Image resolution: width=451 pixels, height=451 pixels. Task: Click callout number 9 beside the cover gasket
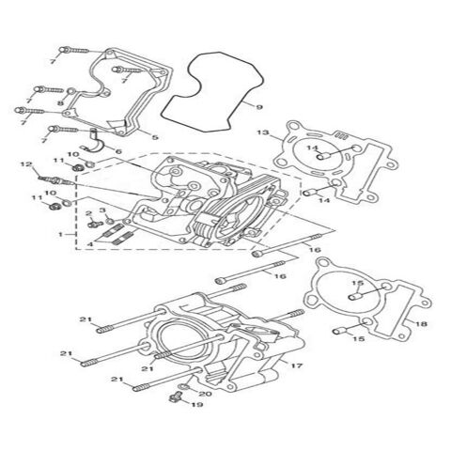tap(259, 107)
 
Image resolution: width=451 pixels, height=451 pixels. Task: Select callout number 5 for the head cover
tap(155, 137)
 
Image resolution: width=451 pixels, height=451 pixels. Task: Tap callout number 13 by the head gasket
tap(263, 132)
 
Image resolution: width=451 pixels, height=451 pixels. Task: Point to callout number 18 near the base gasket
tap(422, 324)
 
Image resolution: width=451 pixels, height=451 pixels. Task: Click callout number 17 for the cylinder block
tap(297, 365)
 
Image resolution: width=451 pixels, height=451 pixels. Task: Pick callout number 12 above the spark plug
tap(26, 163)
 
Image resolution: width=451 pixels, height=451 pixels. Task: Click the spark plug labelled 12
tap(56, 180)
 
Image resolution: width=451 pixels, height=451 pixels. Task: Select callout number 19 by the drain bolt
tap(197, 404)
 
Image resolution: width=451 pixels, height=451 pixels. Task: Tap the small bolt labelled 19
tap(176, 397)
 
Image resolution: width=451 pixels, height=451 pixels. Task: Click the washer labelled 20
tap(185, 387)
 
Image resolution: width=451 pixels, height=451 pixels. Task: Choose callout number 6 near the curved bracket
tap(118, 152)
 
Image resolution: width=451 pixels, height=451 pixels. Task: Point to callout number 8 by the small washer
tap(60, 103)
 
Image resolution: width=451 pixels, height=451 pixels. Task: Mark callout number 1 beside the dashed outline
tap(61, 234)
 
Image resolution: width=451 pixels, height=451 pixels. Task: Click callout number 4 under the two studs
tap(90, 243)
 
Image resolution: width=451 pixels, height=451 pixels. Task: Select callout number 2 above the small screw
tap(89, 213)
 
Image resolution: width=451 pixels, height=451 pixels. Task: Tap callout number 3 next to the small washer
tap(102, 210)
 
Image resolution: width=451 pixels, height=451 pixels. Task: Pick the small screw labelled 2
tap(95, 224)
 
